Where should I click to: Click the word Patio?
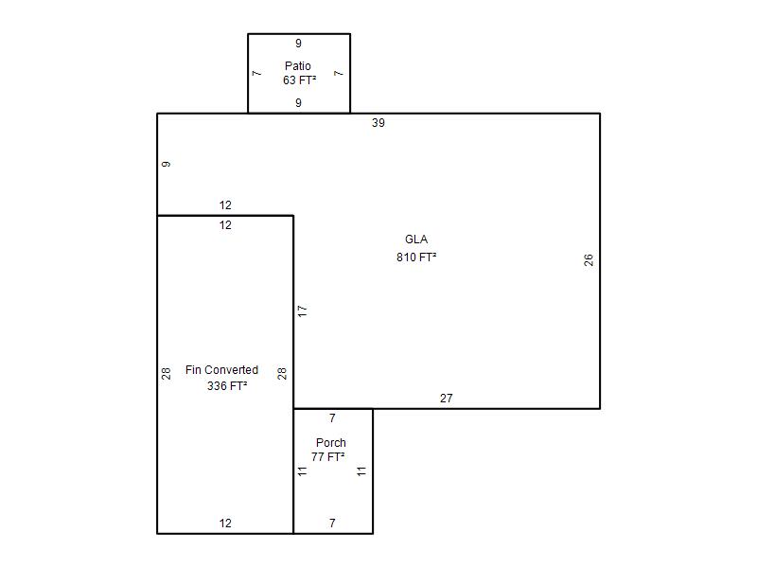(x=298, y=65)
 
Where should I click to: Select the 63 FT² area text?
(x=299, y=80)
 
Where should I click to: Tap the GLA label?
(x=416, y=240)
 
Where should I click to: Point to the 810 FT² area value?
(x=416, y=257)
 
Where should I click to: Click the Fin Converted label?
(x=222, y=370)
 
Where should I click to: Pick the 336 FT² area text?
(x=227, y=386)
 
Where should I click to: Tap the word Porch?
(x=330, y=442)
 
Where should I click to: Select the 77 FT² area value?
(x=327, y=457)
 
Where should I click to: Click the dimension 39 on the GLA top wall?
(x=378, y=123)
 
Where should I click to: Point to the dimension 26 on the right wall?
(x=588, y=259)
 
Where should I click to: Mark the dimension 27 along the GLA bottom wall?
(x=446, y=399)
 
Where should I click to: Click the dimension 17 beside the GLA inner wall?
(x=302, y=311)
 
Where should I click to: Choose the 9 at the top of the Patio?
(x=298, y=44)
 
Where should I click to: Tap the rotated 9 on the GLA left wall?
(x=167, y=164)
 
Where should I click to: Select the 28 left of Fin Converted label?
(x=167, y=373)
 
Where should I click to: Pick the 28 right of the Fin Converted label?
(x=282, y=373)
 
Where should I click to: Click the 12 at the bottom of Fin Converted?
(x=225, y=524)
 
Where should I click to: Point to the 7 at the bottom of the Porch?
(x=332, y=524)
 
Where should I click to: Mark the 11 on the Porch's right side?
(x=361, y=471)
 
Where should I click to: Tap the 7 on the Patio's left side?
(x=256, y=74)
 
